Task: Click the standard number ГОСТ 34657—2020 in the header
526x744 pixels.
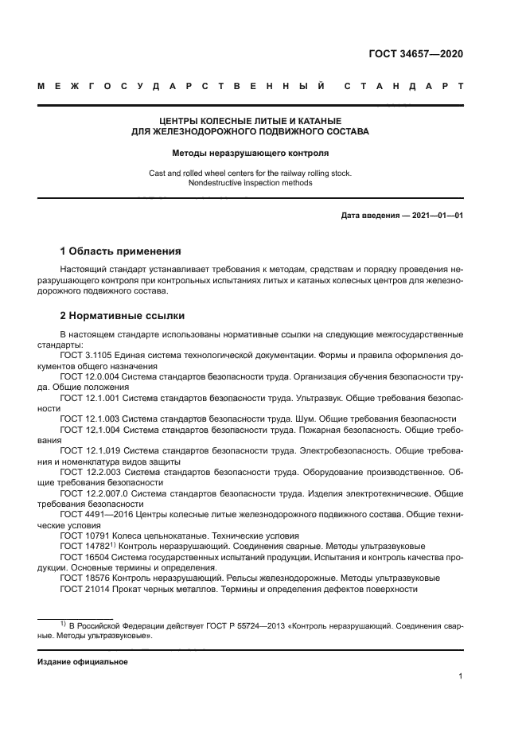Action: click(x=415, y=55)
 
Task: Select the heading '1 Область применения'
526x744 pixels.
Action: click(x=121, y=250)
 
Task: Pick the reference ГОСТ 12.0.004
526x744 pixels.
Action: click(x=92, y=376)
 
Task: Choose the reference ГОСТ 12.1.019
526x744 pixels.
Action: click(x=92, y=450)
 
